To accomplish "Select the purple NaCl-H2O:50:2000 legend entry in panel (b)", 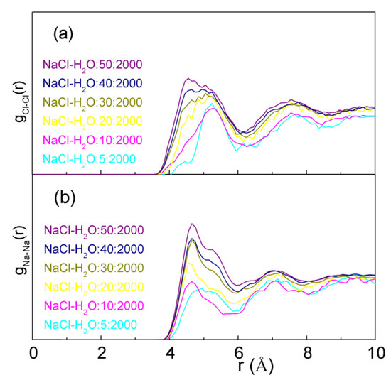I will click(94, 229).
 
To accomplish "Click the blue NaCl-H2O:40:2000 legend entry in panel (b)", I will click(94, 249).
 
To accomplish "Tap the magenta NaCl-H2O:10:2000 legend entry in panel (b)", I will click(94, 307).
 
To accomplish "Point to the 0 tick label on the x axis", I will click(33, 353).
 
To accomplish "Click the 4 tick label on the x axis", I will click(170, 353).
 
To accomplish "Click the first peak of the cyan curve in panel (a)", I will click(211, 107).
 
